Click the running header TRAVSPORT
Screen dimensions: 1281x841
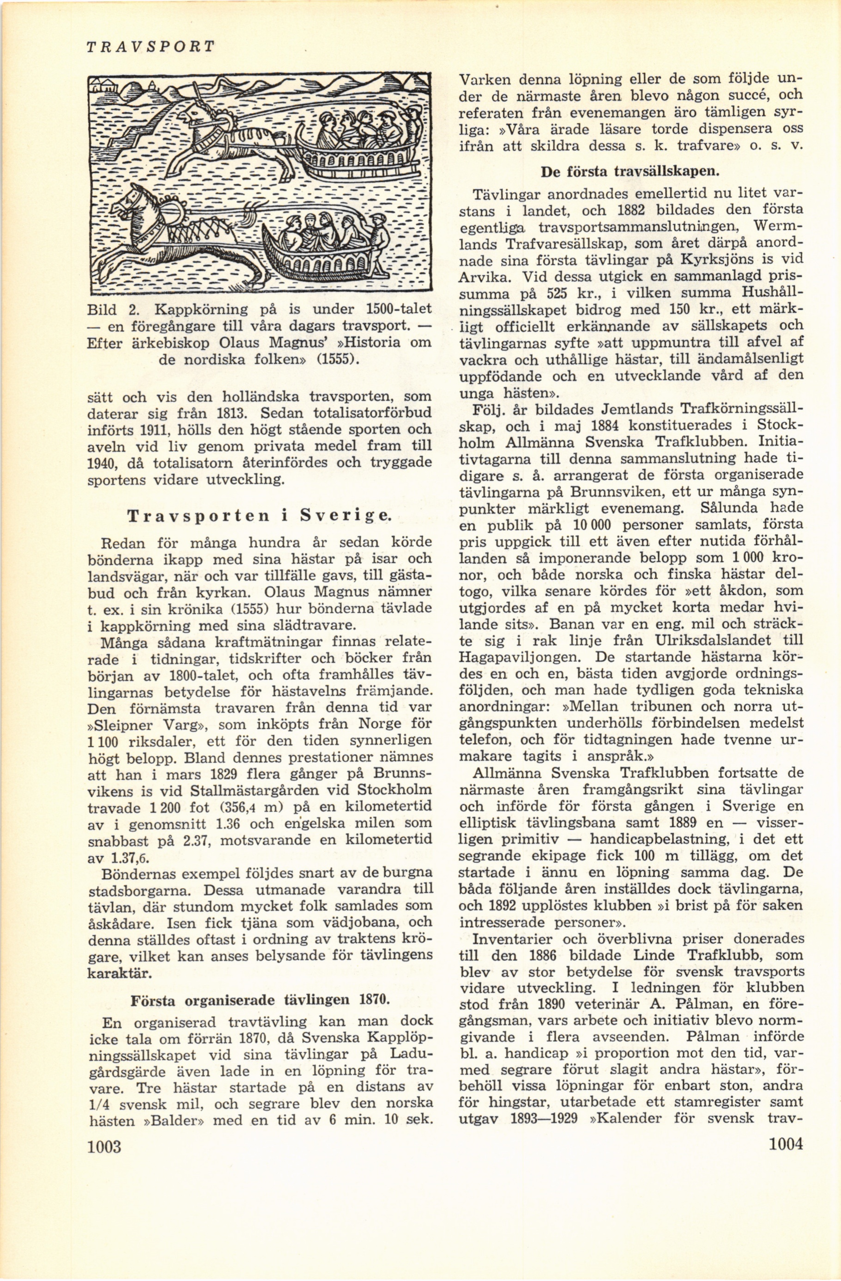[150, 46]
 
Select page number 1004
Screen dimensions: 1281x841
[786, 1214]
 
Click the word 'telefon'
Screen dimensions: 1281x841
[480, 739]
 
